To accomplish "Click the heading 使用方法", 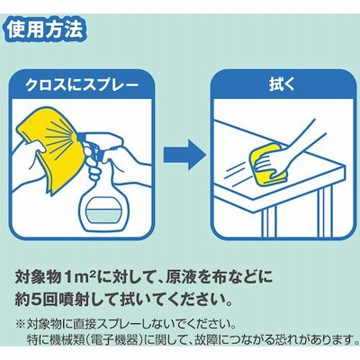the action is coord(45,30).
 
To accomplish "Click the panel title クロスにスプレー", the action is coord(82,85).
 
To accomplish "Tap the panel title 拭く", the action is coord(282,85).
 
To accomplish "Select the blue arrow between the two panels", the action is coord(184,156).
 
